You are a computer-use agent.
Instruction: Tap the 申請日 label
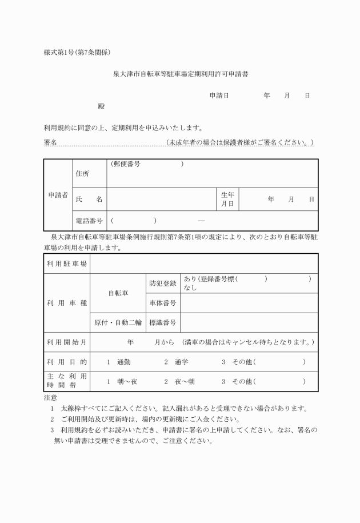(x=219, y=95)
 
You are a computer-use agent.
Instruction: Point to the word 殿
(x=102, y=106)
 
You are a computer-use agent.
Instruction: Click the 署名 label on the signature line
(x=50, y=142)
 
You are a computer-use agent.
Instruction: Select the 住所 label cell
(x=82, y=173)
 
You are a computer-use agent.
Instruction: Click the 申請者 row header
(x=57, y=195)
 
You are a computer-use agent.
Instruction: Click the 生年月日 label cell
(x=228, y=199)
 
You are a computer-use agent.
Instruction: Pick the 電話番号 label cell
(x=89, y=220)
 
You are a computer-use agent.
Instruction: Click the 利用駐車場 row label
(x=67, y=264)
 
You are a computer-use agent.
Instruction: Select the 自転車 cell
(x=118, y=293)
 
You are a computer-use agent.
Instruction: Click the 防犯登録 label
(x=163, y=283)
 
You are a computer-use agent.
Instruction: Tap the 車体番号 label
(x=163, y=302)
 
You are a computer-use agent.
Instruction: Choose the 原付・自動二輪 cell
(x=118, y=322)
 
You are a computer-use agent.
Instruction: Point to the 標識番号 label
(x=163, y=322)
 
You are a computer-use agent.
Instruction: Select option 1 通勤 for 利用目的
(x=119, y=362)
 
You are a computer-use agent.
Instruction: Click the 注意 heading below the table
(x=50, y=397)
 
